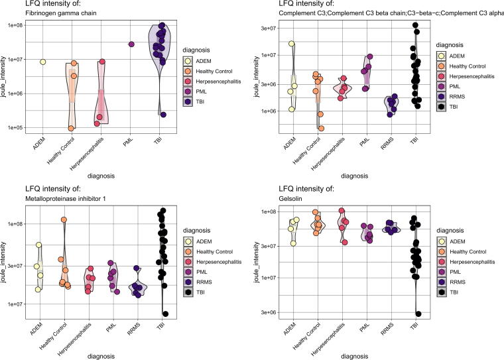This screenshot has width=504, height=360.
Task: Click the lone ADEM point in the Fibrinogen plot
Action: click(x=42, y=62)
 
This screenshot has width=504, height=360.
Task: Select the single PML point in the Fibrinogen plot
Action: click(x=131, y=44)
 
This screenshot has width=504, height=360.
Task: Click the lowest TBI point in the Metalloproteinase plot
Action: click(x=165, y=314)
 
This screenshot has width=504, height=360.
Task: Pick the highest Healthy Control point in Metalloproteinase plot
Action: click(x=64, y=219)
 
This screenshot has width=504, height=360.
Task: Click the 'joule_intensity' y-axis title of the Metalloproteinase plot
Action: click(x=5, y=264)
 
